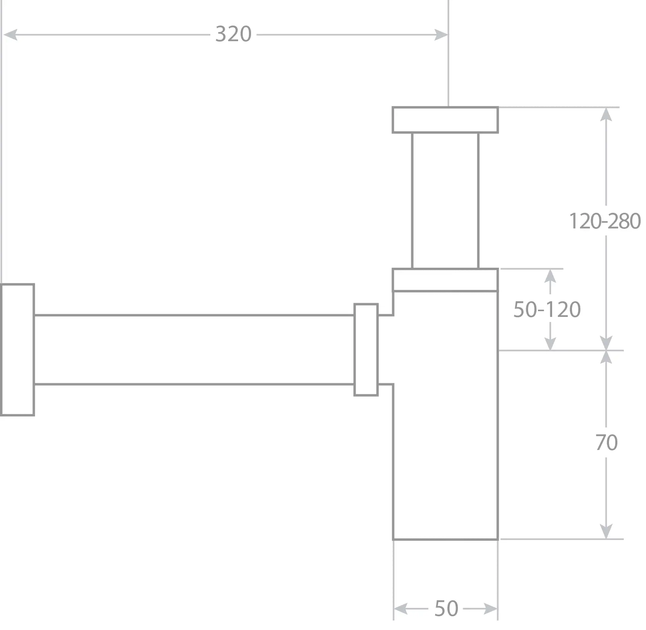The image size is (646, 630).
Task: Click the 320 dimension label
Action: tap(233, 34)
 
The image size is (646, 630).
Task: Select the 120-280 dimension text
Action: tap(605, 221)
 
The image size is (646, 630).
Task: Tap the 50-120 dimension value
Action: tap(547, 309)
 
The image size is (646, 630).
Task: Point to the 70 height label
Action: tap(606, 443)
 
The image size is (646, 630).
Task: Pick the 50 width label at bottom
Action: tap(446, 608)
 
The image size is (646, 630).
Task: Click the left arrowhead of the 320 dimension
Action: tap(10, 35)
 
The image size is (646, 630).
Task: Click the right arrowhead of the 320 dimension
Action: tap(441, 35)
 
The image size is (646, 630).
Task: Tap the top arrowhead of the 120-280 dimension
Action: tap(606, 114)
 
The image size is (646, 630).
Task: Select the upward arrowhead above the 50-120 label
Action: tap(550, 276)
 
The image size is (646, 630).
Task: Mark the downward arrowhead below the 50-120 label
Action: tap(550, 343)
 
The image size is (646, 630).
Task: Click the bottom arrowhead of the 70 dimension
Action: tap(606, 532)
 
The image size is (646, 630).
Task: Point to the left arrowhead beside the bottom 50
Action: tap(401, 609)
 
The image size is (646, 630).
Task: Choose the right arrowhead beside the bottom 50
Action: tap(490, 609)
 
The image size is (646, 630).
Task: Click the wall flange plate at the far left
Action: tap(18, 350)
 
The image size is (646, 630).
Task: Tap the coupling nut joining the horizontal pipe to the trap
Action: tap(366, 350)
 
